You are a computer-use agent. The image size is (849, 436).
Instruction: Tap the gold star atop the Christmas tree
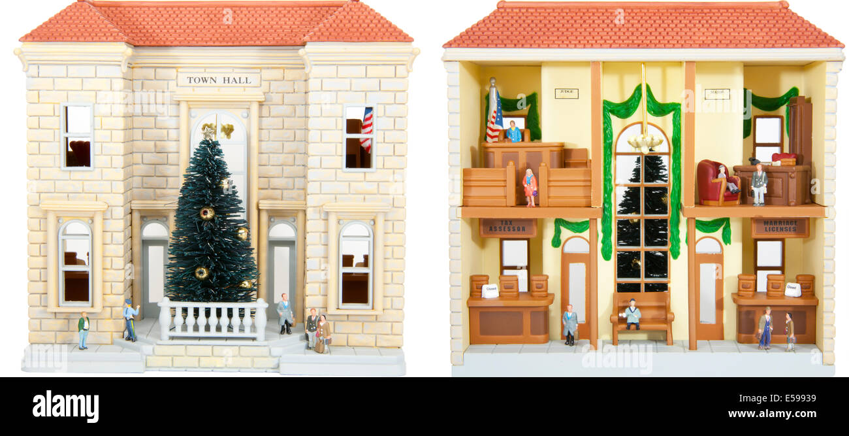tap(208, 133)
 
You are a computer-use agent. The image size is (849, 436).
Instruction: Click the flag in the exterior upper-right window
tap(367, 129)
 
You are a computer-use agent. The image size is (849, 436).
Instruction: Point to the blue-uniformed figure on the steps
tap(131, 320)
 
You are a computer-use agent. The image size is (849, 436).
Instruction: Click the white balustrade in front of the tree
tap(213, 319)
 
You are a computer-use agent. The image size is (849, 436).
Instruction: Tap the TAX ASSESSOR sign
tap(508, 227)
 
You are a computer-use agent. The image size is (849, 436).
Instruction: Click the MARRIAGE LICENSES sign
tap(780, 227)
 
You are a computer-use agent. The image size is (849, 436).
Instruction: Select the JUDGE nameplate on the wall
tap(566, 93)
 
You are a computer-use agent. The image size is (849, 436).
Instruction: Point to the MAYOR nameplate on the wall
tap(716, 94)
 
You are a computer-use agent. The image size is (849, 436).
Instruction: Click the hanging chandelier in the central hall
tap(645, 143)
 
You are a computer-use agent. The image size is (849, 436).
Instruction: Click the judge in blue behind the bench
tap(513, 132)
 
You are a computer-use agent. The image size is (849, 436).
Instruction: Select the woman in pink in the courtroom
tap(529, 186)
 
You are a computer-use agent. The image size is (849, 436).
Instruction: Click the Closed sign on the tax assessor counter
tap(489, 291)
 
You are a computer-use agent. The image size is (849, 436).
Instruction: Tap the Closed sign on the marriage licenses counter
tap(792, 289)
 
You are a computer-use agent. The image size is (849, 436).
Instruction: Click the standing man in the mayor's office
tap(758, 184)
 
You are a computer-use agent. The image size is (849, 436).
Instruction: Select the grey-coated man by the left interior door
tap(569, 324)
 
